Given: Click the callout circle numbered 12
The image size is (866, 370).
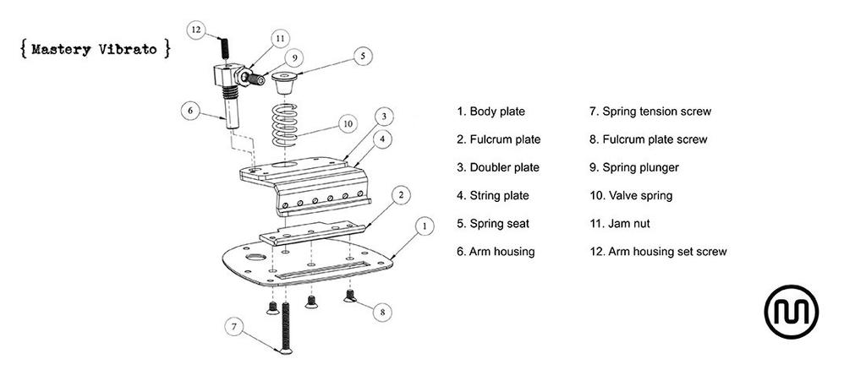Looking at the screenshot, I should pyautogui.click(x=196, y=30).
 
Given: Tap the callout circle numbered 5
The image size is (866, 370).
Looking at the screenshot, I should pyautogui.click(x=362, y=57).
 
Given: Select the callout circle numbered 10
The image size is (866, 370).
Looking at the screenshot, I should pyautogui.click(x=346, y=123).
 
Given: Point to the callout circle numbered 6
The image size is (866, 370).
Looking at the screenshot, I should pyautogui.click(x=190, y=110).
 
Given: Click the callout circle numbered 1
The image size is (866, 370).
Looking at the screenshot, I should pyautogui.click(x=425, y=226).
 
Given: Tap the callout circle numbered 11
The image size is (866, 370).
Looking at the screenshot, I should pyautogui.click(x=280, y=38).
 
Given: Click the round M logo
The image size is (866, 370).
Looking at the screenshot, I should pyautogui.click(x=792, y=312).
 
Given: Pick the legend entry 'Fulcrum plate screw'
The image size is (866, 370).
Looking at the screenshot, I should pyautogui.click(x=648, y=139).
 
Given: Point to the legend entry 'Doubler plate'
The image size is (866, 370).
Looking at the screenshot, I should pyautogui.click(x=498, y=167).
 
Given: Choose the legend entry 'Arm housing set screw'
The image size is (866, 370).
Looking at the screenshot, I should pyautogui.click(x=658, y=251).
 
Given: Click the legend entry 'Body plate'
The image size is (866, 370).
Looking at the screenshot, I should pyautogui.click(x=491, y=111).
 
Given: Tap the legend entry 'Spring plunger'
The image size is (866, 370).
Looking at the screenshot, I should pyautogui.click(x=634, y=167).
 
